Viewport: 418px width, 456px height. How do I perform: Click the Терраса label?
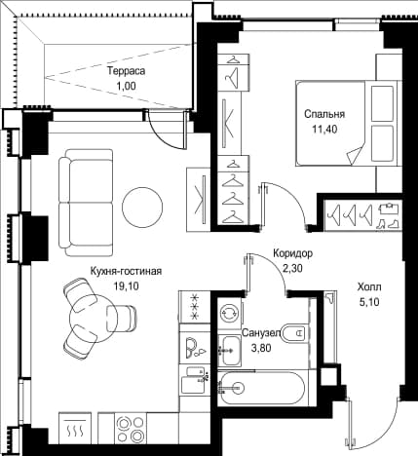(127, 71)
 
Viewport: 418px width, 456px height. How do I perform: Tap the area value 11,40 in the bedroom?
(324, 130)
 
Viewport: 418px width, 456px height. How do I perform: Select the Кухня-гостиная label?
(126, 271)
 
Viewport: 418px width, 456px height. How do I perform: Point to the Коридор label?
(292, 253)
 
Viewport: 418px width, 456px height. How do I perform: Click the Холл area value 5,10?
(369, 302)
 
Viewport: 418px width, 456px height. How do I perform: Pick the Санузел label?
(261, 333)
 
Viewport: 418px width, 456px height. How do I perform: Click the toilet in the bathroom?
(293, 332)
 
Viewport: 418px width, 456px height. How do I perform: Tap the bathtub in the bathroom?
(261, 388)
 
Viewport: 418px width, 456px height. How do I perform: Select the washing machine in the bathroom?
(229, 314)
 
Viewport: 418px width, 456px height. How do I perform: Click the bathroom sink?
(231, 350)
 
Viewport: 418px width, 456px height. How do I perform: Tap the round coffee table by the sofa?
(142, 207)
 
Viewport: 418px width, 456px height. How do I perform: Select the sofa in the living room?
(86, 203)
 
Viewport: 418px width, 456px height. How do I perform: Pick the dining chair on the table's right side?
(121, 319)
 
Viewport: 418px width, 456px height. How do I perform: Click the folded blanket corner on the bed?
(355, 156)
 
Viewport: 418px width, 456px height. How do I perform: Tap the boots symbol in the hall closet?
(389, 223)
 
